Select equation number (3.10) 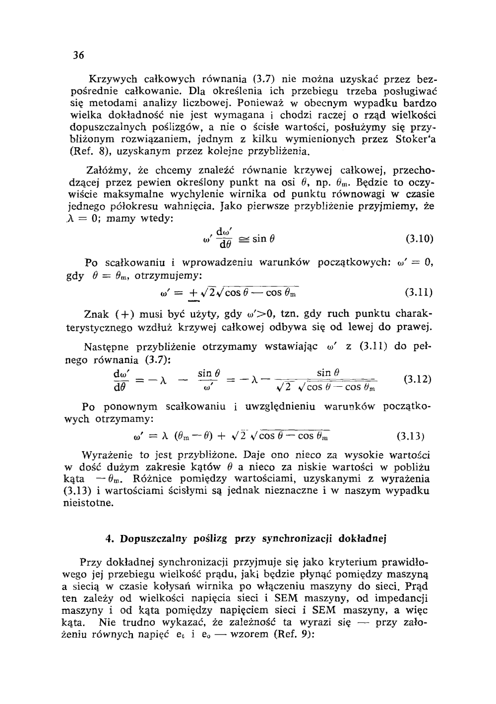pyautogui.click(x=420, y=239)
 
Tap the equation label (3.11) pyautogui.click(x=420, y=292)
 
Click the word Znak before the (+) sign pyautogui.click(x=96, y=314)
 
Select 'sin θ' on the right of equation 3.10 pyautogui.click(x=263, y=238)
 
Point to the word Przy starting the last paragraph pyautogui.click(x=90, y=562)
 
